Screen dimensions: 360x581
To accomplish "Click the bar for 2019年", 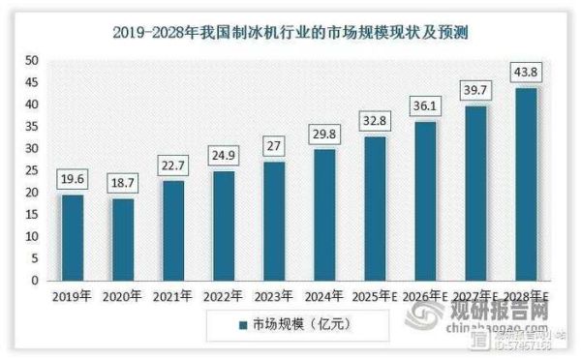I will (x=73, y=237).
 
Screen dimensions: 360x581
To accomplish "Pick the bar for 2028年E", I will (x=526, y=184).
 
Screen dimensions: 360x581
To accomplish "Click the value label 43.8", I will (x=526, y=73).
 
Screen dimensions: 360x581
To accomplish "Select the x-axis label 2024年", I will (x=324, y=296).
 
